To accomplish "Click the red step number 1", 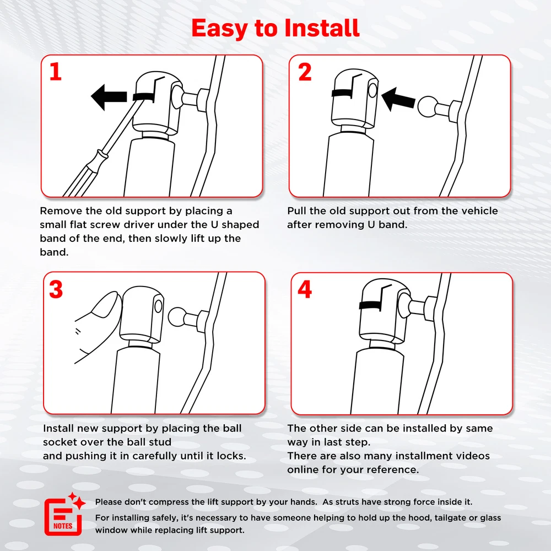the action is pyautogui.click(x=56, y=72).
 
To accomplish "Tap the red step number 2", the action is pyautogui.click(x=305, y=72).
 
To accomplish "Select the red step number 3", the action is pyautogui.click(x=56, y=289).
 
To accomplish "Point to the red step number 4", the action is pyautogui.click(x=305, y=289).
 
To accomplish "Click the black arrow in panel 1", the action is pyautogui.click(x=109, y=97).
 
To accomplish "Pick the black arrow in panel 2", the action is pyautogui.click(x=398, y=99).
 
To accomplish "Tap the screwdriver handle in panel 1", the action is pyautogui.click(x=82, y=174).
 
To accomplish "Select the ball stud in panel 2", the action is pyautogui.click(x=428, y=106).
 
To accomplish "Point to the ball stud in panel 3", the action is pyautogui.click(x=178, y=317).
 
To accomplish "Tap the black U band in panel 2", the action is pyautogui.click(x=343, y=93).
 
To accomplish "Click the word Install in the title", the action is pyautogui.click(x=322, y=28).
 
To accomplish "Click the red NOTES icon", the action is pyautogui.click(x=64, y=515).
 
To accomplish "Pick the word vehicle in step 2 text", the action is pyautogui.click(x=479, y=211).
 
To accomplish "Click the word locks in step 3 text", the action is pyautogui.click(x=231, y=456).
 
